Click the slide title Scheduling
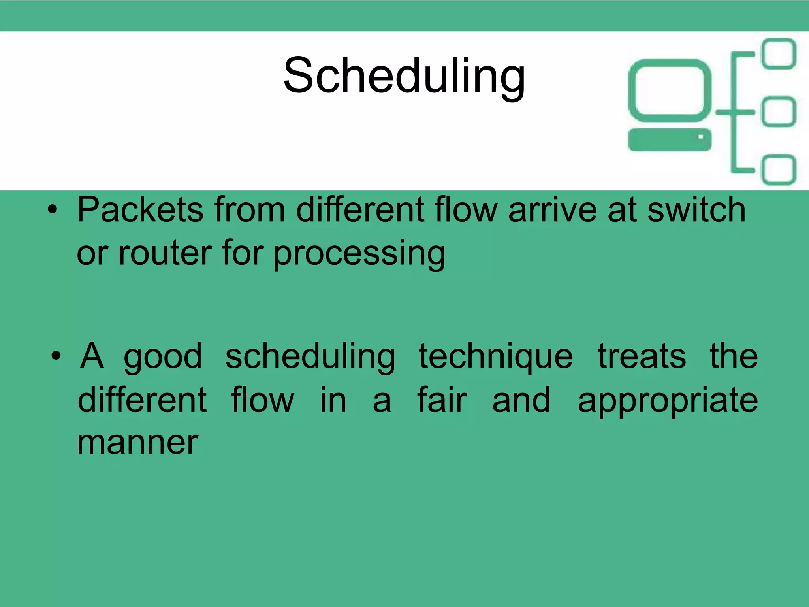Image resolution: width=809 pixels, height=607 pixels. click(404, 76)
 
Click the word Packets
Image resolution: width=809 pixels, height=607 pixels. click(141, 209)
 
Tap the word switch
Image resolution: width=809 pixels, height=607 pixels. click(696, 209)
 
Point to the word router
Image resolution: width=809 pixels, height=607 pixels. click(165, 253)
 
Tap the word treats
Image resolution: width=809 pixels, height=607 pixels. click(642, 356)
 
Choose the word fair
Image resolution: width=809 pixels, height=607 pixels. click(442, 400)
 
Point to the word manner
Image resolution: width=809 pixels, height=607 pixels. click(137, 443)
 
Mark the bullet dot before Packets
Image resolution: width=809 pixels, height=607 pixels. click(52, 210)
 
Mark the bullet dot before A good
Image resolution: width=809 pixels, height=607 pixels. click(56, 356)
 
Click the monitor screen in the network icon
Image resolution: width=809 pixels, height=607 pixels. click(669, 91)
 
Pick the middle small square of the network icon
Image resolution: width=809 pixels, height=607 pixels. click(779, 112)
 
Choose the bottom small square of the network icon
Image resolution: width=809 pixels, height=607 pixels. click(779, 170)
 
